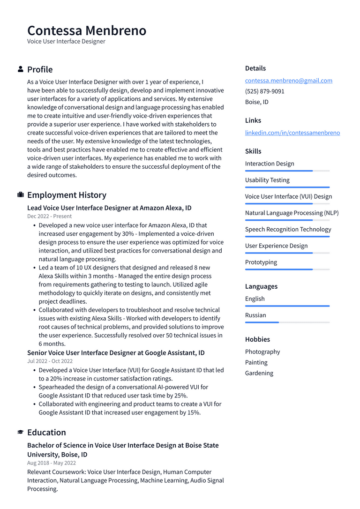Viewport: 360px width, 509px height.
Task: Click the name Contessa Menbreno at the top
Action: point(87,31)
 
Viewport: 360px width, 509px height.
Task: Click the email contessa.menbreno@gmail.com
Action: point(288,81)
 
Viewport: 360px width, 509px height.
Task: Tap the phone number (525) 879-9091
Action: point(264,91)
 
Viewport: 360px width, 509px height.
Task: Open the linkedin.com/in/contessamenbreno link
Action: point(292,133)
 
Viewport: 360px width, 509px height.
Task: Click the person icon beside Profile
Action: point(21,69)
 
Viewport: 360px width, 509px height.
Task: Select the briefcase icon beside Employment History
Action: point(21,195)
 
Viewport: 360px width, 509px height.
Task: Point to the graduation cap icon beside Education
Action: point(21,432)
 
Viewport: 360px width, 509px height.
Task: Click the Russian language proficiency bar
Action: point(287,322)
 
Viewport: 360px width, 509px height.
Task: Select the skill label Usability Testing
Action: point(267,180)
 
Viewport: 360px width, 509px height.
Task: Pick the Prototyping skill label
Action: point(261,262)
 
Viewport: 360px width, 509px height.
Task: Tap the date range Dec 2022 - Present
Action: point(49,216)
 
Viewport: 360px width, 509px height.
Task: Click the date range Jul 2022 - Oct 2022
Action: point(50,361)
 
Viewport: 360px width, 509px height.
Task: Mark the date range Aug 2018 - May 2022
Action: point(52,463)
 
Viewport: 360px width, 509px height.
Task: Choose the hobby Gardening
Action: point(259,373)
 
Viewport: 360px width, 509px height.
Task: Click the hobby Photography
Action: point(262,352)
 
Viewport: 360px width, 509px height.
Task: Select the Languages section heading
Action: point(261,286)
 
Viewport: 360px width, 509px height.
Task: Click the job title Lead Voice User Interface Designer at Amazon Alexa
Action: point(109,208)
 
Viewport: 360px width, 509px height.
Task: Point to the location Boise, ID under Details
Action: point(256,102)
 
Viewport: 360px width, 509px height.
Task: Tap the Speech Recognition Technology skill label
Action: point(288,229)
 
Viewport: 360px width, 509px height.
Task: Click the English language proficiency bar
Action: point(287,306)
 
